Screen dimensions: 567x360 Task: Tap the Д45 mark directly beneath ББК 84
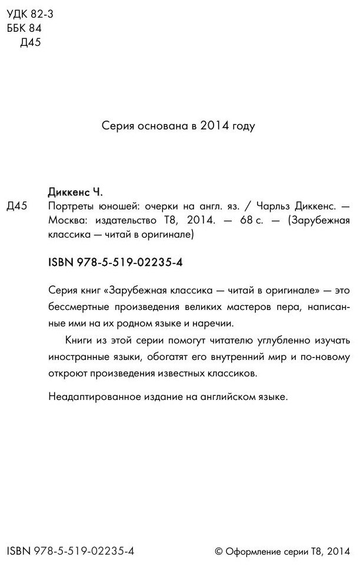(x=30, y=42)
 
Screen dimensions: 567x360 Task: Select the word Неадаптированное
(x=91, y=397)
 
